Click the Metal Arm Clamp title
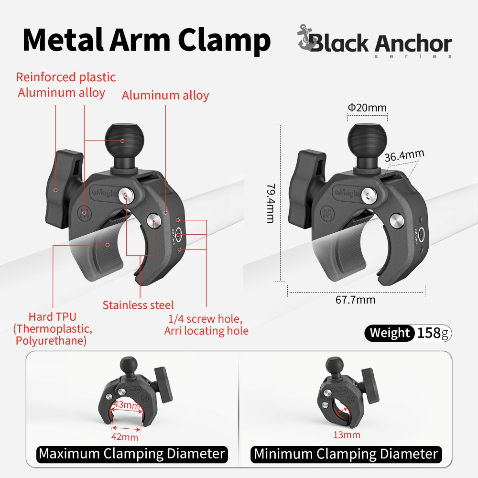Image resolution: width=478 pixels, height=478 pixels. (x=147, y=40)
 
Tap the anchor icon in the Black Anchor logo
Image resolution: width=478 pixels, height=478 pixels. (x=306, y=38)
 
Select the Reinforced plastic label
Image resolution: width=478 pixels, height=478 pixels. (x=66, y=77)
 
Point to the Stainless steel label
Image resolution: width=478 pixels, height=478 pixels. (x=138, y=305)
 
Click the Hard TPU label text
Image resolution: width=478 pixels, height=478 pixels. (x=52, y=317)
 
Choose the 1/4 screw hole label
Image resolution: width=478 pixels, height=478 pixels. (x=205, y=319)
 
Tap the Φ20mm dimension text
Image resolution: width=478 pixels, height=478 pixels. (x=367, y=108)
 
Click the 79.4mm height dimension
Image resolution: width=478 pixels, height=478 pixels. (x=271, y=203)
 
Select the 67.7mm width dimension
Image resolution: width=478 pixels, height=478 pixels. (x=356, y=300)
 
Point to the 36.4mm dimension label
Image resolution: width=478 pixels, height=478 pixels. (x=404, y=155)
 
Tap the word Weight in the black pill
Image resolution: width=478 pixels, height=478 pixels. (x=390, y=333)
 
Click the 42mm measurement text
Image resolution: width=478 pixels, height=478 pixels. (x=125, y=437)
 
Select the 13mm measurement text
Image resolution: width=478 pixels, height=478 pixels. (x=347, y=435)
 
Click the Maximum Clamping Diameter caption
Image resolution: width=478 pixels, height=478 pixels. (x=132, y=454)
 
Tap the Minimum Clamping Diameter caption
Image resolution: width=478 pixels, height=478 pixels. (x=346, y=454)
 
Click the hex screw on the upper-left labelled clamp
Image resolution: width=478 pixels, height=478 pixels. (x=126, y=196)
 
